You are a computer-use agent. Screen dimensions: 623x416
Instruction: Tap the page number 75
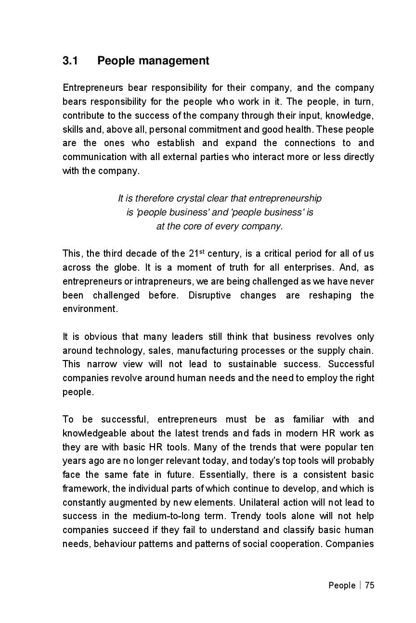[x=369, y=586]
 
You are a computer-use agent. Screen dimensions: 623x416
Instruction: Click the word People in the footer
[x=342, y=586]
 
